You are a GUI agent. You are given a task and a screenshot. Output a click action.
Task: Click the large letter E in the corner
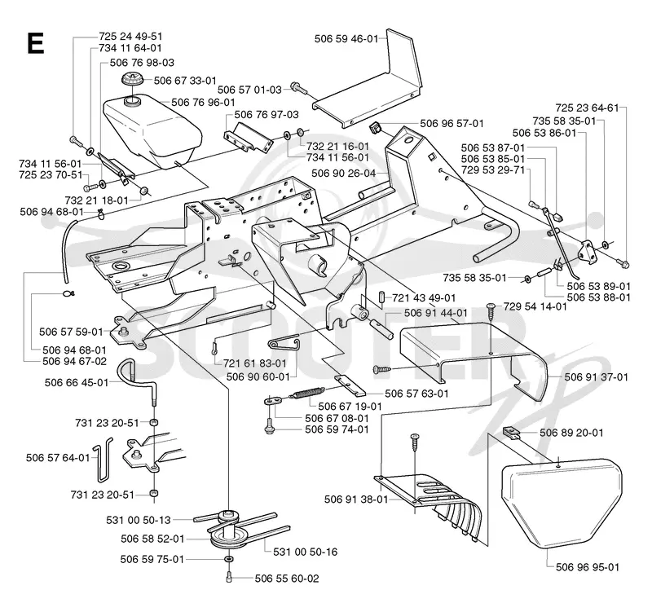click(35, 43)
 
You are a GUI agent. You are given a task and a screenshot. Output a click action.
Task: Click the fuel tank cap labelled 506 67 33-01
click(132, 79)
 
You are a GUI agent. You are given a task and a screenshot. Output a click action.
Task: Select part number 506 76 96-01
click(203, 103)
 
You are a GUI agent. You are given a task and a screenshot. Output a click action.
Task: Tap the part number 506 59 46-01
click(346, 38)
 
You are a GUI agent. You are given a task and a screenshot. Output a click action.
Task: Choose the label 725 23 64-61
click(587, 108)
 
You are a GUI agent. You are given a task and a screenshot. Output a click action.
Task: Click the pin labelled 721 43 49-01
click(381, 297)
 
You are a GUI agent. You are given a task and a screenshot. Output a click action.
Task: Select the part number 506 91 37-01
click(597, 377)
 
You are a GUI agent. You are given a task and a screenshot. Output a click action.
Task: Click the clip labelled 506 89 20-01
click(512, 432)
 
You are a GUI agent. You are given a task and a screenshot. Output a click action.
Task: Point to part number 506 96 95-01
click(588, 567)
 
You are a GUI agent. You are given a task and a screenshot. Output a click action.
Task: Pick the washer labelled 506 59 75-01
click(228, 558)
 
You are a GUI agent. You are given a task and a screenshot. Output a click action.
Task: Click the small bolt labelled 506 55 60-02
click(228, 577)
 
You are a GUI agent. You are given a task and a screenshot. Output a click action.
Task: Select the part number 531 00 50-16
click(305, 552)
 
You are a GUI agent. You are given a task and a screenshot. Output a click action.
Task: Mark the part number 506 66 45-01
click(77, 383)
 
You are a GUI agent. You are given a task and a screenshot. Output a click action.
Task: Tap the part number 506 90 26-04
click(343, 173)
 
